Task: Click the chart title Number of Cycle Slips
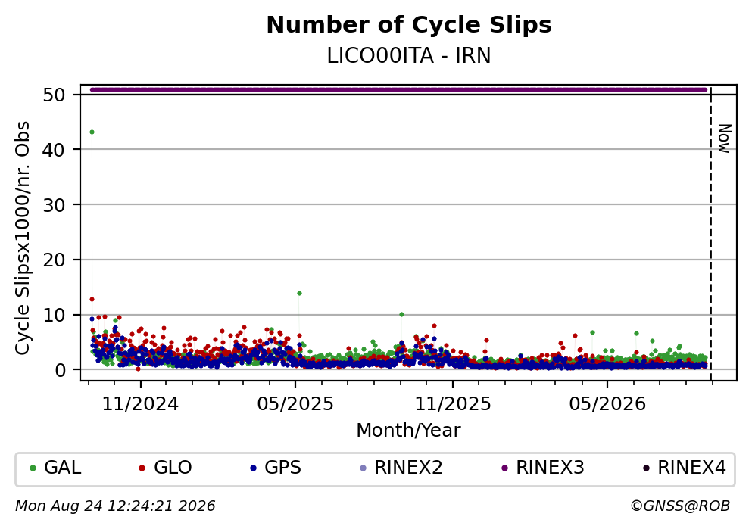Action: (409, 25)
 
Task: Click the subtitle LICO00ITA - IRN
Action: (409, 56)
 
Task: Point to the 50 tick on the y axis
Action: (55, 95)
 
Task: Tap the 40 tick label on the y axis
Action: (55, 150)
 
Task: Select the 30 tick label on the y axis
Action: (55, 204)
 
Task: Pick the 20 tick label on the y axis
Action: (55, 260)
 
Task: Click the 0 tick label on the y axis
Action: (60, 370)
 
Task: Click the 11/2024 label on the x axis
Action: (140, 404)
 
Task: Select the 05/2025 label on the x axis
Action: (295, 404)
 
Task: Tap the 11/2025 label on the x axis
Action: (453, 404)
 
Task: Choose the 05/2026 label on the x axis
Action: (607, 404)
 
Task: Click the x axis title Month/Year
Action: (408, 431)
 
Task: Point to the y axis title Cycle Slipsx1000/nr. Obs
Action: (23, 238)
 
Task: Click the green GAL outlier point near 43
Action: (92, 132)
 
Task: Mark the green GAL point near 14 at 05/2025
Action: (299, 293)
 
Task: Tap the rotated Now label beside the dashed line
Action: (724, 138)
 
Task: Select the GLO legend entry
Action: (165, 468)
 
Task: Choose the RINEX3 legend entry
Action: (543, 468)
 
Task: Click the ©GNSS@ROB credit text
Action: (680, 506)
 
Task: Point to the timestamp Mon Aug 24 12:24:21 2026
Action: (115, 506)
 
